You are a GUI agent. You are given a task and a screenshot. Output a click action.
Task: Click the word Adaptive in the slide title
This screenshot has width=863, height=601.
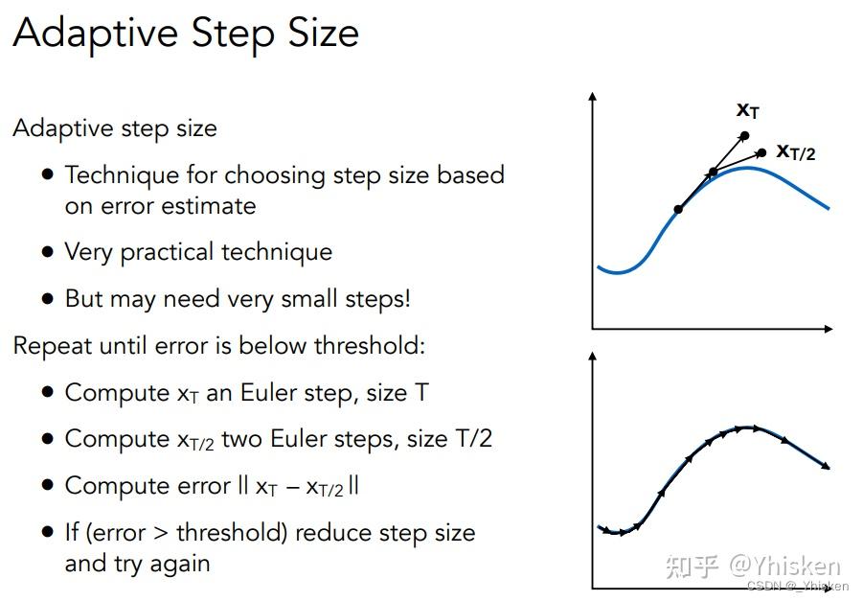[x=96, y=33]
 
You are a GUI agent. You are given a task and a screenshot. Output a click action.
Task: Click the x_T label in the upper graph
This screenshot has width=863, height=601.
[x=748, y=110]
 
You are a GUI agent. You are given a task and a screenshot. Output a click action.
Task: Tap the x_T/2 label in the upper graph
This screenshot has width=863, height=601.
[x=796, y=151]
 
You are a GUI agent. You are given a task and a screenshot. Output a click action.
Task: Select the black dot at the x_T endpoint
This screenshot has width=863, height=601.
[x=744, y=135]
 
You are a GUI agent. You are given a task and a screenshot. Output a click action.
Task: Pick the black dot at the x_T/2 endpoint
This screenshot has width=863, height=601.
[x=762, y=152]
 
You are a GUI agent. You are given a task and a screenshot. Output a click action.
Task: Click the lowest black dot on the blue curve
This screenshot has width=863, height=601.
[x=679, y=209]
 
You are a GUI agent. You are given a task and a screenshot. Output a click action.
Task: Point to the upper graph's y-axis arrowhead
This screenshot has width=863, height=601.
[x=592, y=96]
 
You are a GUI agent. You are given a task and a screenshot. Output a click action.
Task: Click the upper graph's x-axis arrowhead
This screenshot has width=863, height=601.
[x=829, y=329]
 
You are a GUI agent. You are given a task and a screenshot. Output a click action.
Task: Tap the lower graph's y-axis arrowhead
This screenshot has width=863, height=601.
[x=592, y=357]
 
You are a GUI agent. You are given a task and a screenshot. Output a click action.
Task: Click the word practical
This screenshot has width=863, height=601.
[x=168, y=253]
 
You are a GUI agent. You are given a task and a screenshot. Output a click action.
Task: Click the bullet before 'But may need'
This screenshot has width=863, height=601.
[x=48, y=298]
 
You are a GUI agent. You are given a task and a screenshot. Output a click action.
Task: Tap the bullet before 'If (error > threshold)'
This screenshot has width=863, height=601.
[x=48, y=532]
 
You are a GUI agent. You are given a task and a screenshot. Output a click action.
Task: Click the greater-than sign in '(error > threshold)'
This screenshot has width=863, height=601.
[x=161, y=533]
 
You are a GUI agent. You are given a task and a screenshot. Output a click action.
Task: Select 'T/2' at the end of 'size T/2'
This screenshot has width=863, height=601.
[x=474, y=439]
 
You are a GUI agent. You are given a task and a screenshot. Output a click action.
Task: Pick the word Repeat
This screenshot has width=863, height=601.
[x=53, y=347]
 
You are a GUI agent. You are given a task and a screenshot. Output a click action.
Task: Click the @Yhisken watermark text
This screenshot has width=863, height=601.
[x=785, y=566]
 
